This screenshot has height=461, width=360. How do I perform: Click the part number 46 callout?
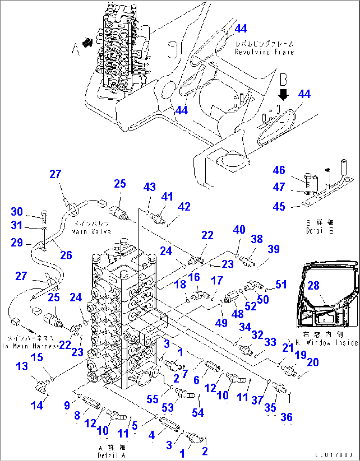pos(279,170)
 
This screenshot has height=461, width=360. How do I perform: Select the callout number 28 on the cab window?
pos(313,285)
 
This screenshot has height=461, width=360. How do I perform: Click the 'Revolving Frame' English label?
pos(264,52)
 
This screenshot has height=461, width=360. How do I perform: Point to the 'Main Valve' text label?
pos(91,232)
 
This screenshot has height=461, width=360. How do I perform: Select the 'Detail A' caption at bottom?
pos(112,456)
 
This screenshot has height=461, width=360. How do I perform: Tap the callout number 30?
pos(17,212)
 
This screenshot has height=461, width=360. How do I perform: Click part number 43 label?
pos(149,187)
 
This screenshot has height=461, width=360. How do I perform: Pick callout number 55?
pos(152,399)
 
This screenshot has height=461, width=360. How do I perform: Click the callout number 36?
pos(286,417)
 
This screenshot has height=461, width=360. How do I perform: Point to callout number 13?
pos(22,366)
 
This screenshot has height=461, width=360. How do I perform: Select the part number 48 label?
pos(237,314)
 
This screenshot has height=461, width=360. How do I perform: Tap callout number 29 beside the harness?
pos(17,243)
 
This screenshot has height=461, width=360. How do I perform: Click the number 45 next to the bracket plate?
pos(279,207)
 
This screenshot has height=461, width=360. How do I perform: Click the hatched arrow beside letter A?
pos(87,43)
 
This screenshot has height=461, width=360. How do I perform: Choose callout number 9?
pos(67,405)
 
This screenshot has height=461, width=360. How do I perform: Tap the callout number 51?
pos(281,284)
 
